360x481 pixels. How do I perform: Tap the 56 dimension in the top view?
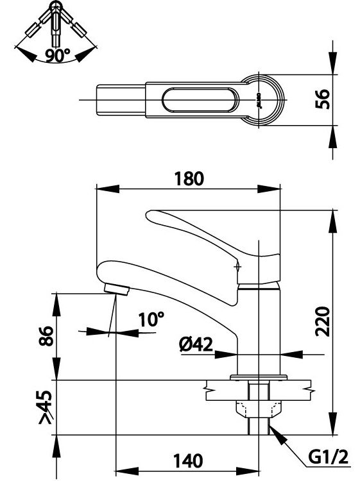click(x=325, y=99)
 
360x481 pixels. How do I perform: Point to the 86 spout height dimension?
click(x=45, y=337)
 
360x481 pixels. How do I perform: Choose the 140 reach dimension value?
click(x=188, y=460)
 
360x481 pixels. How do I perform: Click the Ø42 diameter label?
click(x=196, y=345)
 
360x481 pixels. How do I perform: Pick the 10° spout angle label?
click(x=151, y=319)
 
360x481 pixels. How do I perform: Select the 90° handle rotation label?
click(x=57, y=55)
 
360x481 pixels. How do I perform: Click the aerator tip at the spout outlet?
click(x=116, y=288)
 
